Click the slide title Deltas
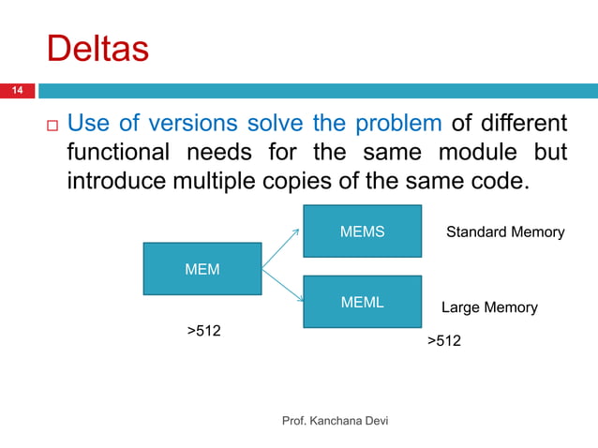coord(97,49)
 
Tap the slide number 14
coord(16,91)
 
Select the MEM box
coord(202,269)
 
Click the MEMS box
coord(362,231)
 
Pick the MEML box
coord(362,302)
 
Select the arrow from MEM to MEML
coord(283,287)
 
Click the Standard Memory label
coord(504,231)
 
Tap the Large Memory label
coord(489,307)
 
